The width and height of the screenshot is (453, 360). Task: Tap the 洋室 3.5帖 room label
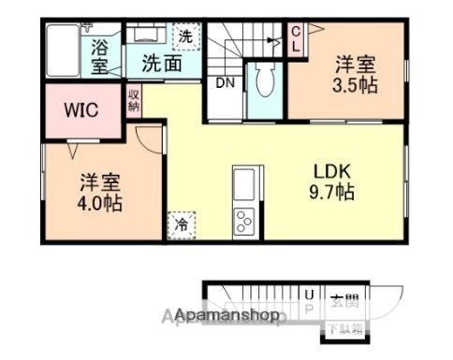(358, 74)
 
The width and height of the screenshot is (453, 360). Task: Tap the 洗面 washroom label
(161, 64)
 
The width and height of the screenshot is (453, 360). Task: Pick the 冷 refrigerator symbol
(179, 225)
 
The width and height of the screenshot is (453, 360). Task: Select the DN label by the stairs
(225, 82)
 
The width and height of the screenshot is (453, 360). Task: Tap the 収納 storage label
(134, 99)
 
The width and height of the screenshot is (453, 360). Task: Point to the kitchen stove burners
(244, 221)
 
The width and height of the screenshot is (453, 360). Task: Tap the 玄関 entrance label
(343, 301)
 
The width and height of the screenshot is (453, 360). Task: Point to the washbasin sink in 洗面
(146, 36)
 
